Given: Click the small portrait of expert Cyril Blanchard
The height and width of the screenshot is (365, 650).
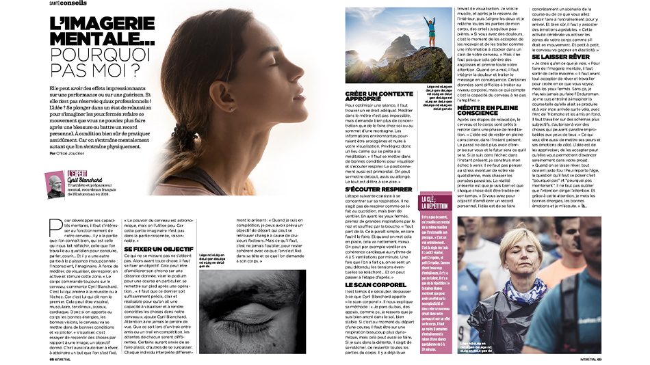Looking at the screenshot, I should click(55, 185).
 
